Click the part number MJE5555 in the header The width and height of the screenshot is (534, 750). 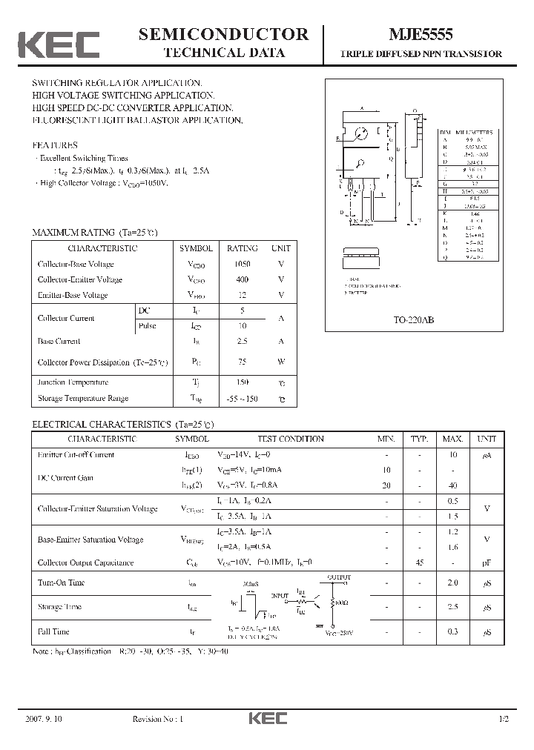point(421,35)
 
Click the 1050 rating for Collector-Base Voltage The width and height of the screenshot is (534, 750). point(242,265)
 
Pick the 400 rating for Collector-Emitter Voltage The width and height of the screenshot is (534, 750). point(242,280)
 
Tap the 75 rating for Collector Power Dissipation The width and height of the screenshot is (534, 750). point(242,362)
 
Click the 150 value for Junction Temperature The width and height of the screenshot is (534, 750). point(242,382)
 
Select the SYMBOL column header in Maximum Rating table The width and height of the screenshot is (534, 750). point(196,249)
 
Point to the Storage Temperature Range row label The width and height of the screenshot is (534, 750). point(82,399)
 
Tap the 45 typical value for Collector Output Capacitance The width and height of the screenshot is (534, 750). point(420,563)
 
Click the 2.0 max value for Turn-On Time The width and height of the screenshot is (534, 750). point(453,583)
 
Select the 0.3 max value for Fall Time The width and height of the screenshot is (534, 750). point(453,631)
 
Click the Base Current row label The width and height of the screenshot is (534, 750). point(59,342)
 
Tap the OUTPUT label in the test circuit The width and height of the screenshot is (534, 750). point(340,577)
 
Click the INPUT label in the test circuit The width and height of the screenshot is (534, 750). point(280,594)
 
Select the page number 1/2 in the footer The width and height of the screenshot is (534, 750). point(504,720)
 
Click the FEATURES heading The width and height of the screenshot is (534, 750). point(55,145)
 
